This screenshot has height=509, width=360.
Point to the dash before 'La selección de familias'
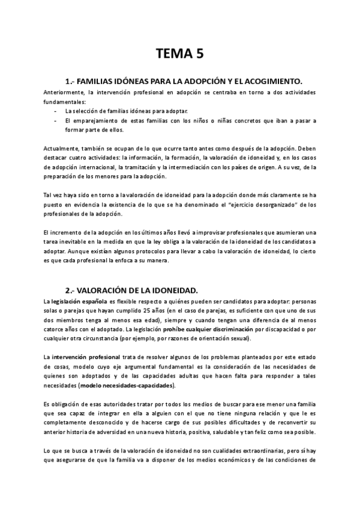[x=55, y=111]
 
